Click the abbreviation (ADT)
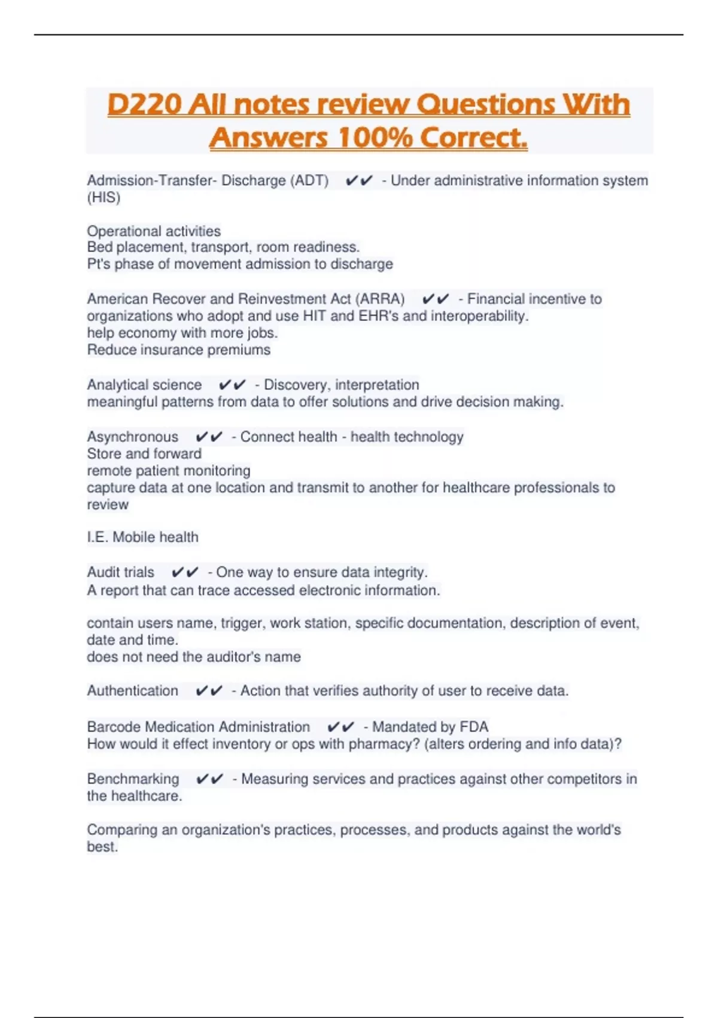point(309,180)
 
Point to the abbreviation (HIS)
point(104,198)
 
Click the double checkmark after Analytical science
point(232,384)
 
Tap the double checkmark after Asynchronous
point(209,437)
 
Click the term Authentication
point(133,691)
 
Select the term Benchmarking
point(133,779)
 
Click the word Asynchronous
point(133,437)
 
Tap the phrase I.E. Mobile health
point(142,537)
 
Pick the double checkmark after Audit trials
point(184,572)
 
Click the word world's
point(598,830)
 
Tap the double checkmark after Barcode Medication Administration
point(340,727)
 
